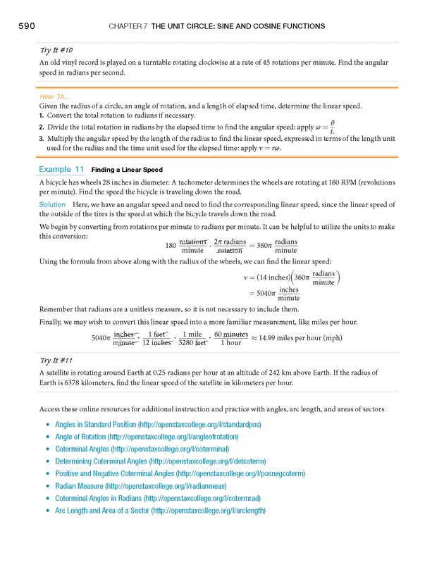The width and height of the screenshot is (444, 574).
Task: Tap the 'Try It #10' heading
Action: [57, 51]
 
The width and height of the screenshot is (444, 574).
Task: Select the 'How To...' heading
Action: [55, 96]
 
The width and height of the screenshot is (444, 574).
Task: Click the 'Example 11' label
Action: [61, 170]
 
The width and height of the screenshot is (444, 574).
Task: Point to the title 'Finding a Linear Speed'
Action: [128, 170]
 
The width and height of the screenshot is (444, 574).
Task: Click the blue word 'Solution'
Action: [52, 204]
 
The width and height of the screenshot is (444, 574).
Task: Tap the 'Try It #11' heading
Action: [57, 360]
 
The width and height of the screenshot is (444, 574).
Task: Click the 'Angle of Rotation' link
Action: [147, 437]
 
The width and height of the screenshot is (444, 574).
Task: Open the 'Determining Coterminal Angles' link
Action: [168, 461]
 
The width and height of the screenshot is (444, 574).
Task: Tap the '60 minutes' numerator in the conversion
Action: [230, 334]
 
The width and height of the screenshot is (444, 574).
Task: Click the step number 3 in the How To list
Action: [42, 139]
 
